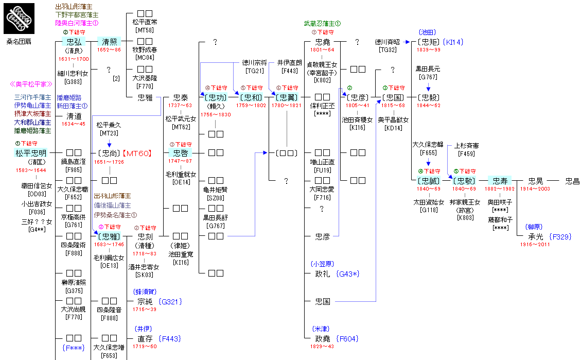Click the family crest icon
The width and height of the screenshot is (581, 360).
[x=20, y=19]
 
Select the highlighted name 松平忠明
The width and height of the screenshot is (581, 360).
[x=31, y=153]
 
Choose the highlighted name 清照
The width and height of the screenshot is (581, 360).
[x=109, y=42]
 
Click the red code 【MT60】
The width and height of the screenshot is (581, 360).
[x=136, y=153]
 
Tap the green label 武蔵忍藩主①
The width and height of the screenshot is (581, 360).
[x=322, y=24]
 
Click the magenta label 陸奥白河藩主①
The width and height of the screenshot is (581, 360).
[x=77, y=23]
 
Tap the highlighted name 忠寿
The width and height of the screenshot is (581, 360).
[x=500, y=181]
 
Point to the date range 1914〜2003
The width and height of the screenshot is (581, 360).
[x=536, y=189]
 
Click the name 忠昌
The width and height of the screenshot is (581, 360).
[x=572, y=181]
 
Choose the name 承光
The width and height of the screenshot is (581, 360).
[x=536, y=237]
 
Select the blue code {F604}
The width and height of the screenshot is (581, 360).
[x=347, y=338]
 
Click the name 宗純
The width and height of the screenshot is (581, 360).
[x=145, y=301]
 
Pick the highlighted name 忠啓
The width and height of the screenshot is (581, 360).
[x=180, y=153]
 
